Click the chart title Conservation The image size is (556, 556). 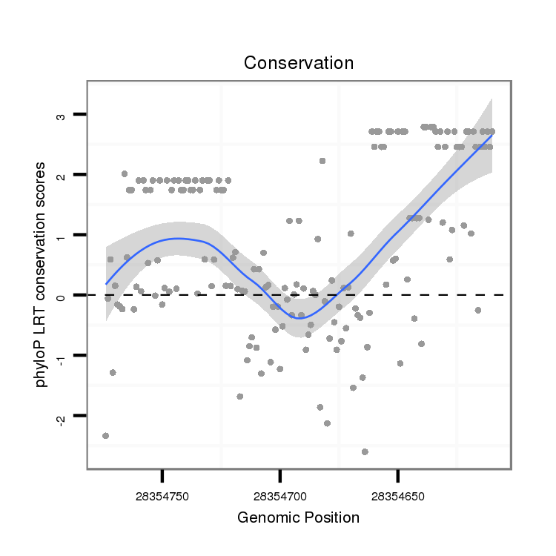[299, 63]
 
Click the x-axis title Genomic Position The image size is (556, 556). [298, 517]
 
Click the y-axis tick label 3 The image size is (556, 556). [60, 115]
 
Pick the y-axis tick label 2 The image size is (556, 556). [60, 175]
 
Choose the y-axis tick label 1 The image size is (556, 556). [60, 235]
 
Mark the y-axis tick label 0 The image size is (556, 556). [60, 295]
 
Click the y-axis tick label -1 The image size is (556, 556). [60, 357]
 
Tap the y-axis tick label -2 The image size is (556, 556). [60, 417]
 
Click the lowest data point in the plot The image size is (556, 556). [365, 451]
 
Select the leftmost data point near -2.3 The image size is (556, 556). [106, 436]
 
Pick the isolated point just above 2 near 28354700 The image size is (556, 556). [322, 161]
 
